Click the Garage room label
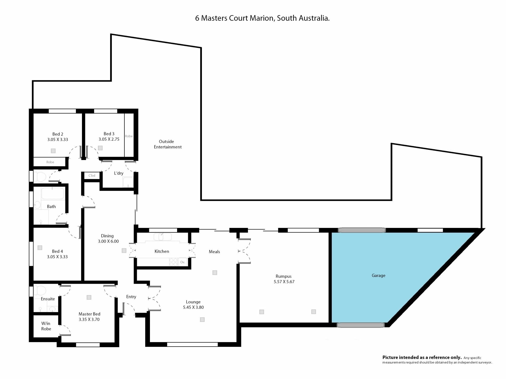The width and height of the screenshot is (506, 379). [x=378, y=276]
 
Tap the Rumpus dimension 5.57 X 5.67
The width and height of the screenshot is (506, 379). [x=284, y=282]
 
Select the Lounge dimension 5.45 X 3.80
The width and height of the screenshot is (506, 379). [x=193, y=307]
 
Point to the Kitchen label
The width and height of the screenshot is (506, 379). [x=162, y=251]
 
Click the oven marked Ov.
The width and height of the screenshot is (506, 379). [x=183, y=262]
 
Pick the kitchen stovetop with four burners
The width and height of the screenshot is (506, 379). [x=173, y=262]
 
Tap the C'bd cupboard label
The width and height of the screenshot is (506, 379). [x=92, y=176]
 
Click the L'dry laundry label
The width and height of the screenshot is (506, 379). [x=119, y=173]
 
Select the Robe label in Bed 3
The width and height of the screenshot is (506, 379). [x=129, y=136]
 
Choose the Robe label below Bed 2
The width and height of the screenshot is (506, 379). [x=50, y=162]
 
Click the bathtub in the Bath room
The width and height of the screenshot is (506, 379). [x=53, y=193]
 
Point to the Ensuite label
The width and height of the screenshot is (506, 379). [x=48, y=299]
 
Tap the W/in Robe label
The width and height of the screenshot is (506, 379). [x=46, y=326]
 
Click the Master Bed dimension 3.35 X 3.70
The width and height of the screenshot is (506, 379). [x=89, y=319]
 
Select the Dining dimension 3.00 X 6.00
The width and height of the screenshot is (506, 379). [x=108, y=241]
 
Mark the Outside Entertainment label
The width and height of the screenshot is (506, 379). [x=168, y=144]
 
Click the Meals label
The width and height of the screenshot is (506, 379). [x=214, y=252]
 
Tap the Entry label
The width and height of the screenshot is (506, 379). [x=131, y=297]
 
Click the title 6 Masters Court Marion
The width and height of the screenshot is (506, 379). [x=235, y=18]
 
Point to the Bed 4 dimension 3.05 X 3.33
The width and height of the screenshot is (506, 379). [x=57, y=257]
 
